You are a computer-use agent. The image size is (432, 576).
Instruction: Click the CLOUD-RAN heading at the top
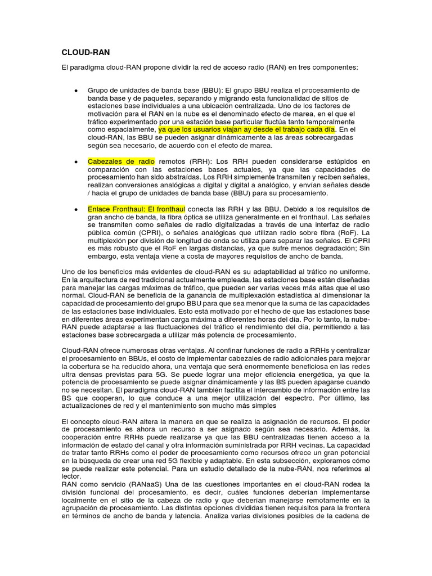pos(85,52)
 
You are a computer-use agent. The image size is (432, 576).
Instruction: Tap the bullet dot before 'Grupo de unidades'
pos(76,91)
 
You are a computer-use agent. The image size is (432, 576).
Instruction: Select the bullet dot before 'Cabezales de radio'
pos(76,161)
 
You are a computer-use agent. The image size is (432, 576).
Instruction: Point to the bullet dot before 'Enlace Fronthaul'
pos(76,209)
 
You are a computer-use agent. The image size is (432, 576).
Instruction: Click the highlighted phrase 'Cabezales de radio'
pos(121,161)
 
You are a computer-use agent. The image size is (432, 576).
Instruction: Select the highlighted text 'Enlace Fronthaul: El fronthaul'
pos(137,209)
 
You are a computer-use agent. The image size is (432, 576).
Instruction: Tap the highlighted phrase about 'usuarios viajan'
pos(246,129)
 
